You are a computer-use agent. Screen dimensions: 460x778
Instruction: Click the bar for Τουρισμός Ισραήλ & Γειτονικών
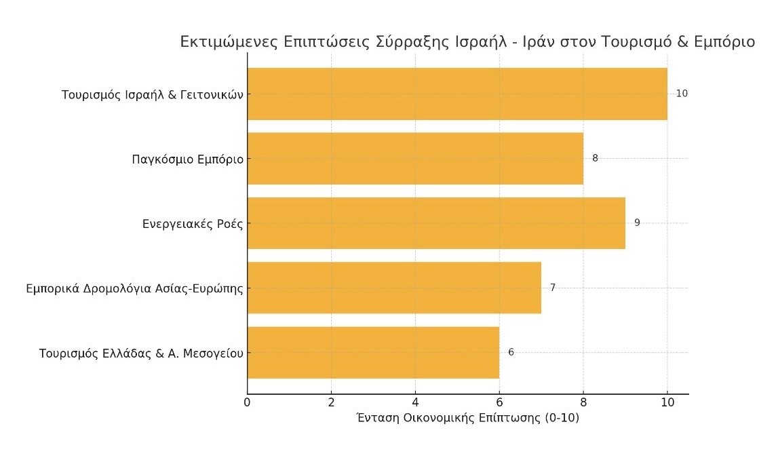tap(457, 94)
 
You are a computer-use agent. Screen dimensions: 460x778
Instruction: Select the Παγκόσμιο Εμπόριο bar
tap(415, 158)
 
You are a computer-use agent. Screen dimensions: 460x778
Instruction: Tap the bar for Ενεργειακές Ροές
tap(436, 223)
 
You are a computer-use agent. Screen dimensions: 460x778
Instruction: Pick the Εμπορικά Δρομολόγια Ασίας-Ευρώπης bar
tap(394, 288)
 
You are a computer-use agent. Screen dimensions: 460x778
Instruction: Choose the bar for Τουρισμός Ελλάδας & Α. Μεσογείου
tap(373, 353)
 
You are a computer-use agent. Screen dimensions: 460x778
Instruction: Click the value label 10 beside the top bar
tap(682, 94)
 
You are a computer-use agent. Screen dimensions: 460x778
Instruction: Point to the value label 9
tap(637, 223)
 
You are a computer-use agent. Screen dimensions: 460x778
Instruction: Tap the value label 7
tap(553, 288)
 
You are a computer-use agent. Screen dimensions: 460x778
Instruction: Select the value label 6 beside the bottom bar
tap(511, 353)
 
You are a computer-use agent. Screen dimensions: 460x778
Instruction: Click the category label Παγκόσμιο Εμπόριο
tap(187, 160)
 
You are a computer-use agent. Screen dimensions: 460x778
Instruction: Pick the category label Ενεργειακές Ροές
tap(193, 224)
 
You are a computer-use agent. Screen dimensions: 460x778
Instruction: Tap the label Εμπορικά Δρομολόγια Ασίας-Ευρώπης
tap(134, 288)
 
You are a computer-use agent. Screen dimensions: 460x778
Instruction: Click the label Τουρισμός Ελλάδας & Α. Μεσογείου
tap(141, 353)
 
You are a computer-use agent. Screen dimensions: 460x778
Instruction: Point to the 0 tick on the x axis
tap(248, 402)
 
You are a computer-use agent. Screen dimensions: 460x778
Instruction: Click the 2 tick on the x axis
tap(331, 402)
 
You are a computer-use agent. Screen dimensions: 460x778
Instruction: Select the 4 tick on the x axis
tap(415, 402)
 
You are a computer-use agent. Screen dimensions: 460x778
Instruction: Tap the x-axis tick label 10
tap(667, 402)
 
